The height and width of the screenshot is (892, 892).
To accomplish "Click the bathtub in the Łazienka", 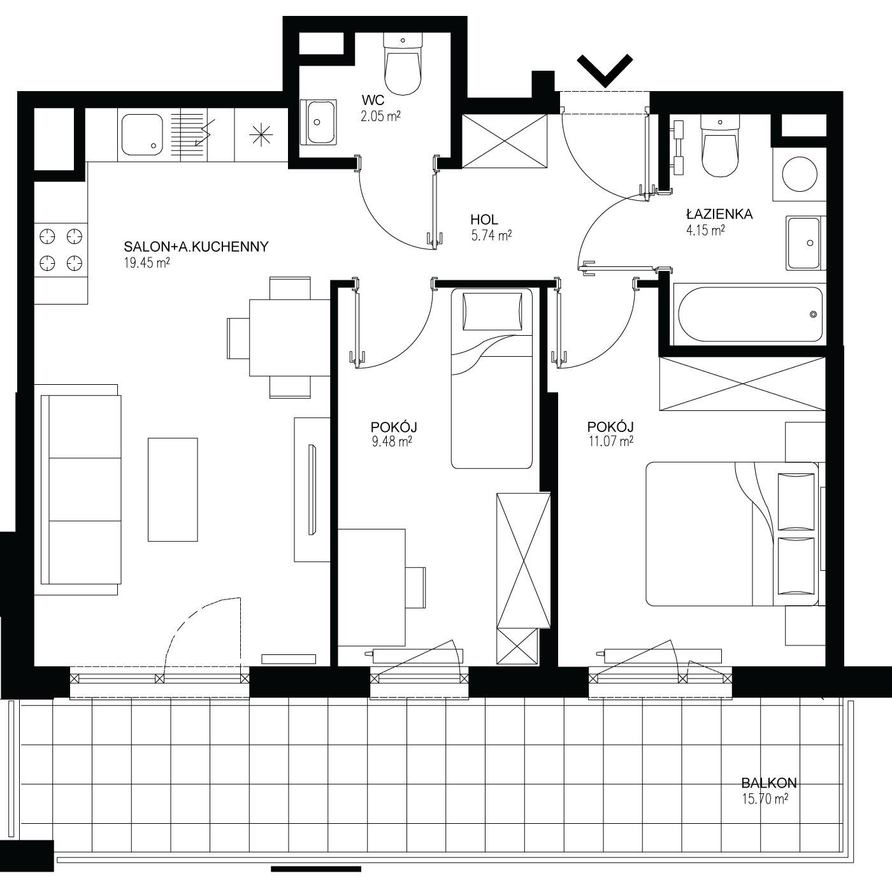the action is point(750,314).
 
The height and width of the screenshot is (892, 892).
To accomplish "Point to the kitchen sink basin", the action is point(142,134).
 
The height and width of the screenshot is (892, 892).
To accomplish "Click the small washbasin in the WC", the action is point(318,122).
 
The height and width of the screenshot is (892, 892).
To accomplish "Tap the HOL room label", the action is point(484,219).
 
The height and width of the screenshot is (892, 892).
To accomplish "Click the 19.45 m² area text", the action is point(147,263).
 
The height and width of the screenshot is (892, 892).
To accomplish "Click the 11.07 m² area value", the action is point(610,441).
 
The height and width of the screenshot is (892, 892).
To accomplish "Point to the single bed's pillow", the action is point(492,312).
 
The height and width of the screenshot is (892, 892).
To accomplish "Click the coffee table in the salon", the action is point(173,489).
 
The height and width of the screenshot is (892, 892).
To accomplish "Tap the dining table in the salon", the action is point(290,338).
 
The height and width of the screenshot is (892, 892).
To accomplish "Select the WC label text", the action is point(373,101).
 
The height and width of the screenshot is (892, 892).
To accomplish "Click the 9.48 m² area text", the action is point(392,441).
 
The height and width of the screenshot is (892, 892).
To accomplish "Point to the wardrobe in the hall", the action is point(505,141).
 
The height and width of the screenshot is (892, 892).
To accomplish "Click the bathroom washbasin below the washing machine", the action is point(805,243).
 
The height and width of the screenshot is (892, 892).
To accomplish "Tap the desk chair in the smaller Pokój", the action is point(415,587).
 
